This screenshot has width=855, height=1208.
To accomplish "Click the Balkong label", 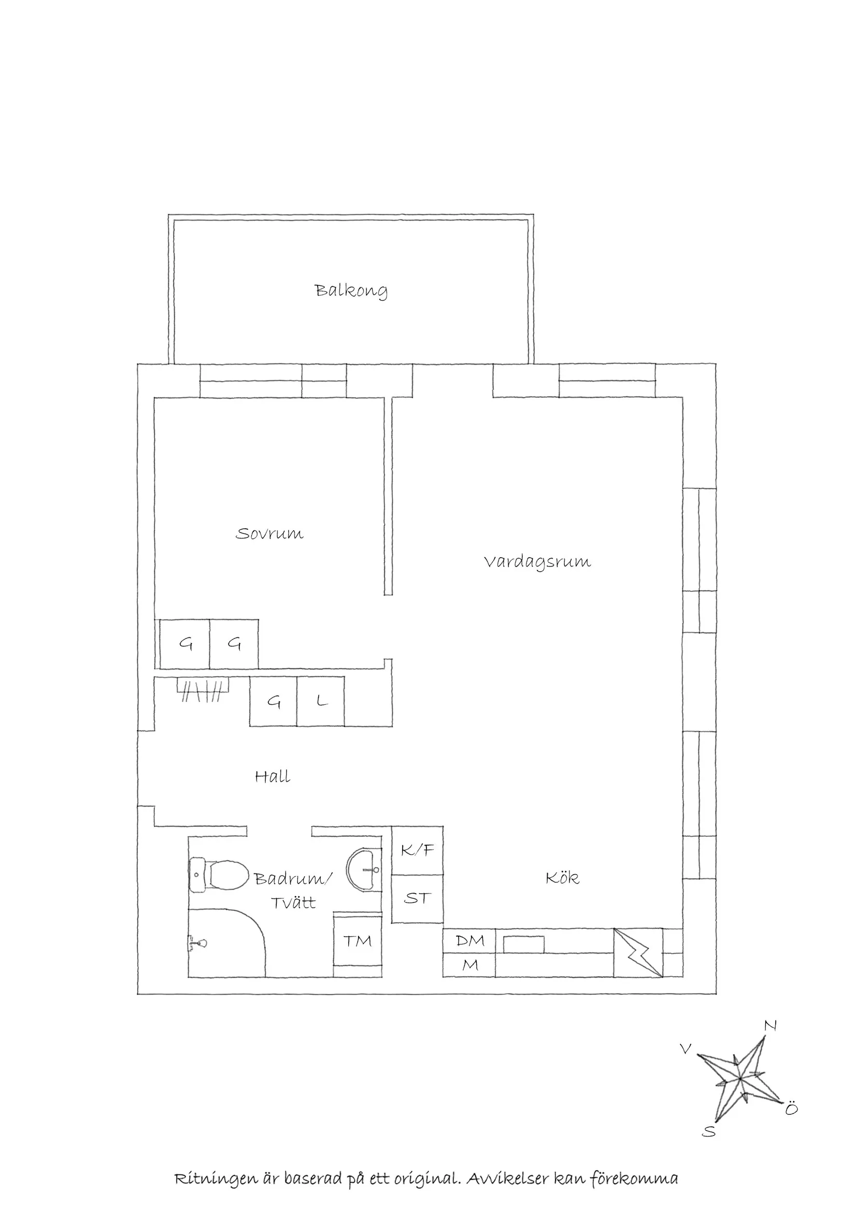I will coord(351,290).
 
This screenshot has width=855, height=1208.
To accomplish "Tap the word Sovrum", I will coord(269,533).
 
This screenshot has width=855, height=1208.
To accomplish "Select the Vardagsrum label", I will coord(537,562).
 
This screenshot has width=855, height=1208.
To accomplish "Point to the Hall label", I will coord(272,777).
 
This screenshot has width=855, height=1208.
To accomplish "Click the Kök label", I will coord(562,878).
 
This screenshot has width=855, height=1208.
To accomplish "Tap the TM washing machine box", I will coord(358,941).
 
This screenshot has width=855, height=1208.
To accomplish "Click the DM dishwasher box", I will coord(469,940).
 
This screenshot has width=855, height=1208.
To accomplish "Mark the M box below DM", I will coord(469,965).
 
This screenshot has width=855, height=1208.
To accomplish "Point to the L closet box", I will coord(321,701).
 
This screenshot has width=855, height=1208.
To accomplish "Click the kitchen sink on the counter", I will coord(524,944).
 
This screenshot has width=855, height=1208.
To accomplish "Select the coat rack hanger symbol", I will coord(203,690).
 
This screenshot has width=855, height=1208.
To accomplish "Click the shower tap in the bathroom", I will coord(198,942).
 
